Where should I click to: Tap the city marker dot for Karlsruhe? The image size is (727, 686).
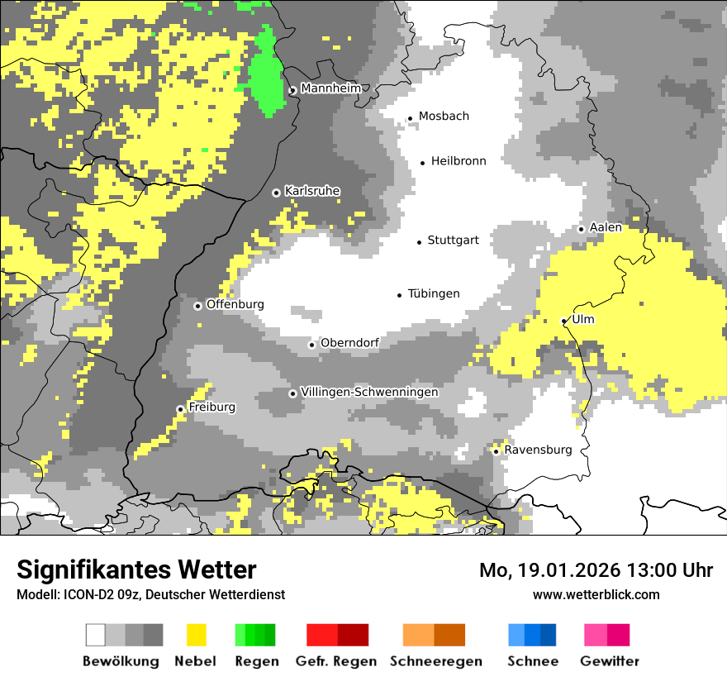point(277,193)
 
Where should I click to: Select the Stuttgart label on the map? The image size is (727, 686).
point(453,241)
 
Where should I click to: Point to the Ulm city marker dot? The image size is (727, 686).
point(564,321)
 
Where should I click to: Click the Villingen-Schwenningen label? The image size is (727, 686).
point(369,392)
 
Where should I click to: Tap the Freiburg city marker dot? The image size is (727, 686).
point(180,409)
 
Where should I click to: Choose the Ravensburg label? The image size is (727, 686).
point(538,450)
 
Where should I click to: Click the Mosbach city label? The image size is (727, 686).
point(444,117)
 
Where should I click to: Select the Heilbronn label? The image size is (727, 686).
point(459,161)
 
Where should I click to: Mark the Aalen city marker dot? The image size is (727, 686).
point(581,229)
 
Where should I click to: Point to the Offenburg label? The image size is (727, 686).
point(235,304)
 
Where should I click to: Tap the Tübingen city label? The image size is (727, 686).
point(434,293)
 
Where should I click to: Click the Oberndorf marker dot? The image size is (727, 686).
point(311,345)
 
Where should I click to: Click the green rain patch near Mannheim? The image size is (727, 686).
point(266,74)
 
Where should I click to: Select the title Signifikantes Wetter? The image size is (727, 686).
point(136,569)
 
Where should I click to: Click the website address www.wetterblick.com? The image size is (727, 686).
point(596,594)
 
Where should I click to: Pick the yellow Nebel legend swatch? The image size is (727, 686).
point(196,635)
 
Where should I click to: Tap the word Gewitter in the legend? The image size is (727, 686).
point(609,661)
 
